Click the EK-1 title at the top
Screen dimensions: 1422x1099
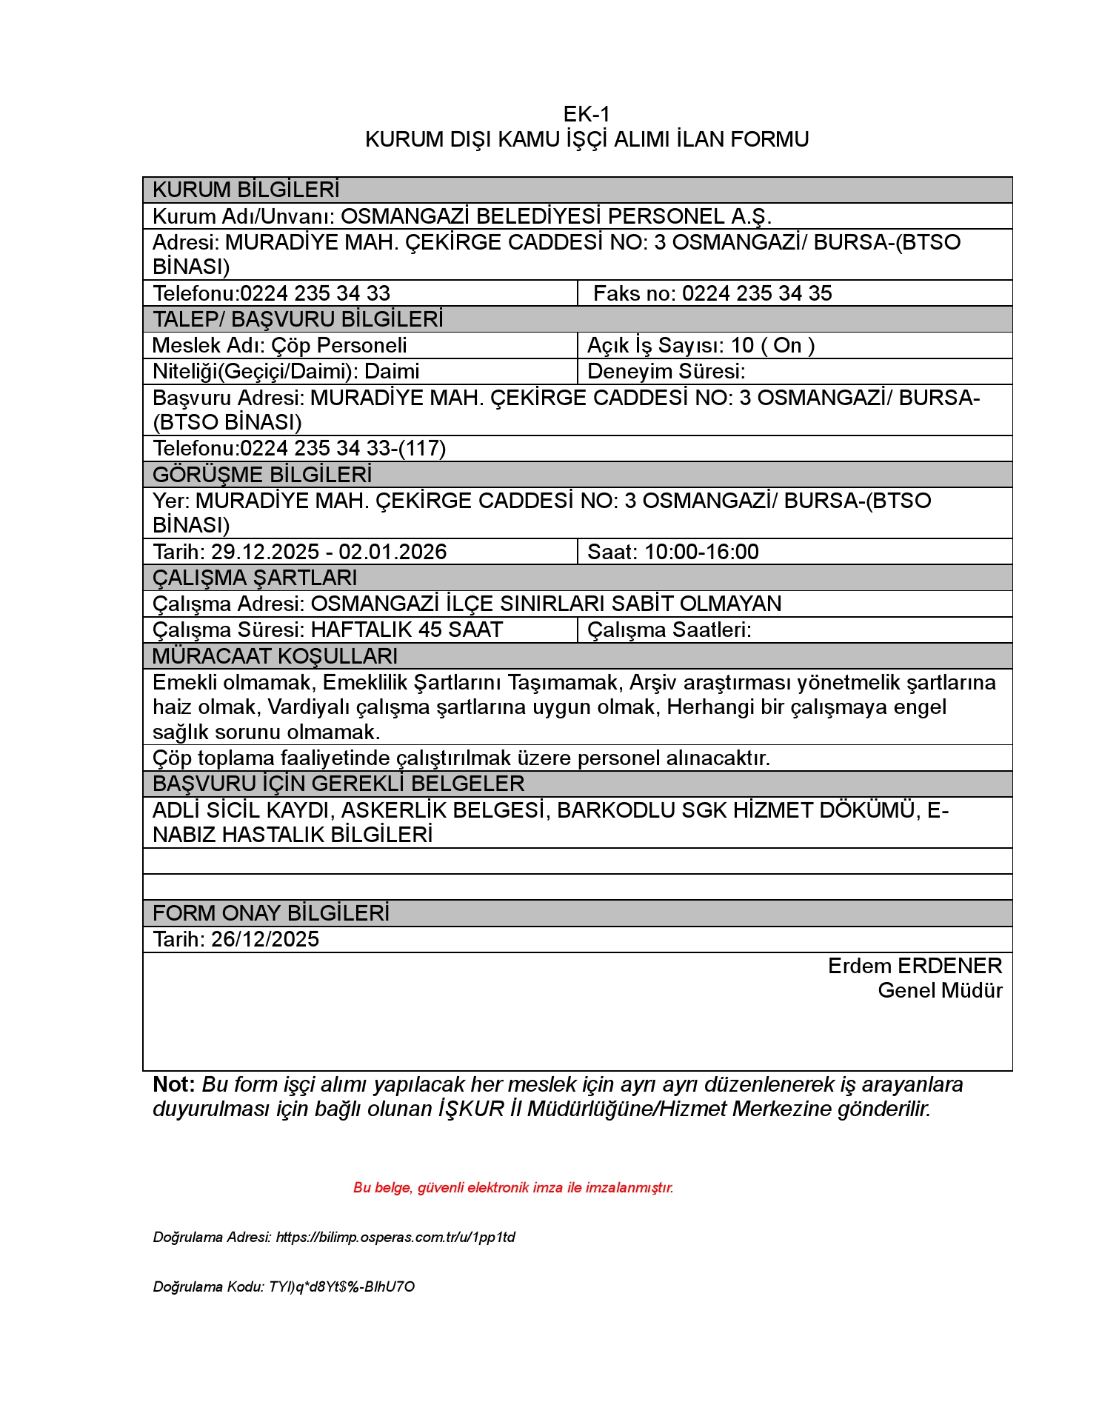586,114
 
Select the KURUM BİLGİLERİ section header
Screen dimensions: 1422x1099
246,190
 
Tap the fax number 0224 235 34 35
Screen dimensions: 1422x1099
756,293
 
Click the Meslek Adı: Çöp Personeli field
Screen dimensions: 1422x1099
279,345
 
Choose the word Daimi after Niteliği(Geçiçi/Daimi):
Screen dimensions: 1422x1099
392,371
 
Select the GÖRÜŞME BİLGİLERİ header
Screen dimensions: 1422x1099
262,474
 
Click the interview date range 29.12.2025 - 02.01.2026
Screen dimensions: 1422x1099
329,552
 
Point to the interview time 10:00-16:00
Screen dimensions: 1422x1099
701,552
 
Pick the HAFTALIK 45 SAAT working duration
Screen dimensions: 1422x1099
407,630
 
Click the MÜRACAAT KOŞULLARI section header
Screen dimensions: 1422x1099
275,656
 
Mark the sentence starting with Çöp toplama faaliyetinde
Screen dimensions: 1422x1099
461,758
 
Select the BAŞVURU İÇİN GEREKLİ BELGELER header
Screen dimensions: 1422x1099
338,784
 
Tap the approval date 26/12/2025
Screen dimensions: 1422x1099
264,939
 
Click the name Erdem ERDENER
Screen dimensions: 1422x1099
915,966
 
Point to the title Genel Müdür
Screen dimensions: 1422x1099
940,990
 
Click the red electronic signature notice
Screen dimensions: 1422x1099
513,1187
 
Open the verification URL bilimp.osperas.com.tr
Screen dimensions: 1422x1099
395,1237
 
